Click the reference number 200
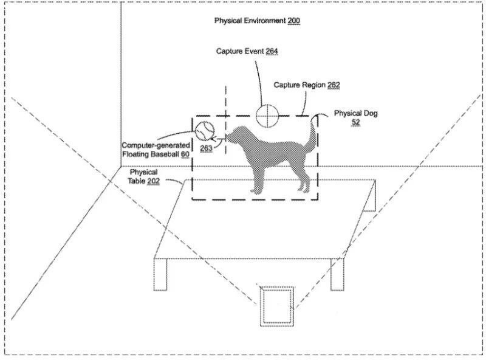pyautogui.click(x=293, y=21)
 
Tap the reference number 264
pyautogui.click(x=272, y=51)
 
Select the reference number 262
pyautogui.click(x=334, y=85)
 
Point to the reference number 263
pyautogui.click(x=206, y=148)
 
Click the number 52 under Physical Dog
pyautogui.click(x=355, y=122)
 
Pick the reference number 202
pyautogui.click(x=154, y=181)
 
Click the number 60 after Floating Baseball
pyautogui.click(x=185, y=154)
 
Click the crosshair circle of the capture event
pyautogui.click(x=267, y=116)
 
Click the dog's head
pyautogui.click(x=236, y=134)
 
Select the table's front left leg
pyautogui.click(x=160, y=274)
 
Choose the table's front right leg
pyautogui.click(x=337, y=274)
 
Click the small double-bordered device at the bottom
pyautogui.click(x=277, y=306)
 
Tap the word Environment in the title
pyautogui.click(x=264, y=21)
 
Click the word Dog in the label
pyautogui.click(x=371, y=113)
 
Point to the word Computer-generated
pyautogui.click(x=156, y=145)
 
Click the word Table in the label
pyautogui.click(x=137, y=181)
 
